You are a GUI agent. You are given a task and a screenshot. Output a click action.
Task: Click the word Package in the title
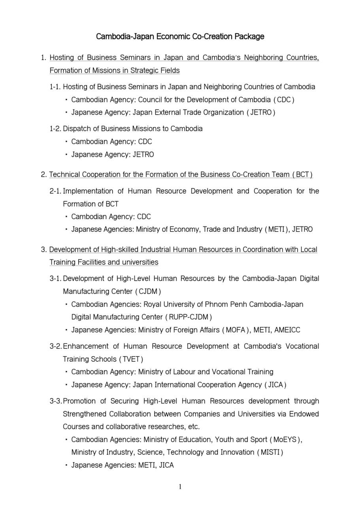click(249, 37)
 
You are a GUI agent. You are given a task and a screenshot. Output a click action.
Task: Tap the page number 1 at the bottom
click(180, 487)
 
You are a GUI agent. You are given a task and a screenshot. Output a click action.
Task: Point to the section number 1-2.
click(56, 129)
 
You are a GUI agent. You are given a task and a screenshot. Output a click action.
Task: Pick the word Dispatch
click(77, 129)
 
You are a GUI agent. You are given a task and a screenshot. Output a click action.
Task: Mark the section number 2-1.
click(56, 191)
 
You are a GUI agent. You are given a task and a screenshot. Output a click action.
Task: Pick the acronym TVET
click(131, 359)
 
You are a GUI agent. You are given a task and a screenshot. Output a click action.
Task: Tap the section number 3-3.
click(56, 401)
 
